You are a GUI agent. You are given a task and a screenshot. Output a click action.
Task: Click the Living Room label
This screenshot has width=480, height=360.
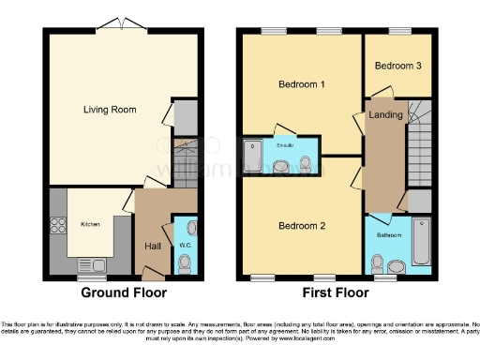[110, 110]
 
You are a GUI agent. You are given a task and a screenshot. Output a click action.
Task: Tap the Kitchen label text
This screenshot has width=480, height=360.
[90, 224]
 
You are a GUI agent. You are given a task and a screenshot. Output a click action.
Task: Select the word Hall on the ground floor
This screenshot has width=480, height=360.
[151, 247]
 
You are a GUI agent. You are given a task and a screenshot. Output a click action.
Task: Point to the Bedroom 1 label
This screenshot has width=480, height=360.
[301, 84]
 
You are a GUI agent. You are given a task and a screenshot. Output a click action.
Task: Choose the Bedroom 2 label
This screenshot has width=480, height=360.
[301, 226]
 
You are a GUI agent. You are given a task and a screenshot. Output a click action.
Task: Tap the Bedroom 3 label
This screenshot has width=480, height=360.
[397, 66]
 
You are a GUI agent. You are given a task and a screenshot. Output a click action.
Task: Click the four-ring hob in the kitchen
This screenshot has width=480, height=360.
[56, 225]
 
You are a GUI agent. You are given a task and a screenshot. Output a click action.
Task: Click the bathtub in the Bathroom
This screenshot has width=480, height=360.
[421, 239]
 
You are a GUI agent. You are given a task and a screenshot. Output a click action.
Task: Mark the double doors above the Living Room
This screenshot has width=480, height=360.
[119, 23]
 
